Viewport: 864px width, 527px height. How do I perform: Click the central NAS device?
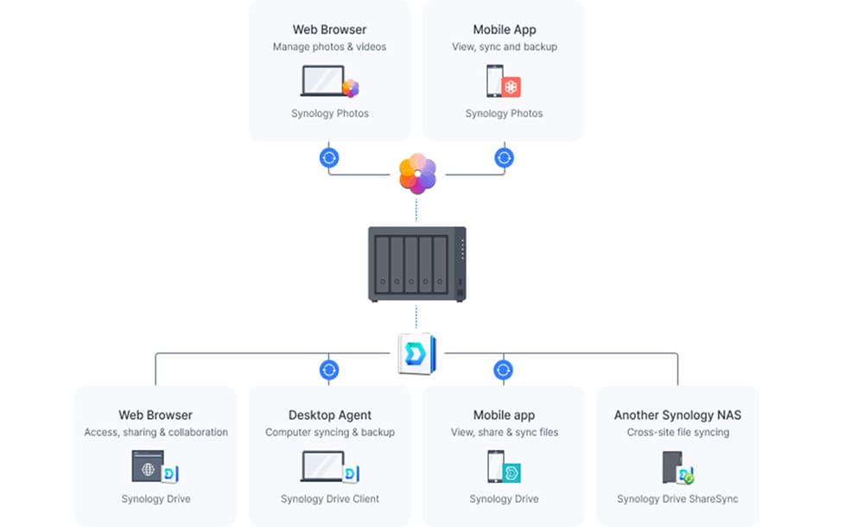(417, 263)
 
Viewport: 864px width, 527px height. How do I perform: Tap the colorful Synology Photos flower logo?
(417, 174)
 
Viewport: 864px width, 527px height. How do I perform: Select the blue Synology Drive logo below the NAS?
(416, 354)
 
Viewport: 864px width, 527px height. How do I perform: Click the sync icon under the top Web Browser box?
(329, 158)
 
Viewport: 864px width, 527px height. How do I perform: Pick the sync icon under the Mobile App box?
(504, 158)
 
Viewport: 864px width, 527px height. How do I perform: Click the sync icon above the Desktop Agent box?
(329, 370)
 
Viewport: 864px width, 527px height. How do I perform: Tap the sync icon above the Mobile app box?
(504, 370)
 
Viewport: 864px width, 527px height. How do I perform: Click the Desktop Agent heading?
(329, 416)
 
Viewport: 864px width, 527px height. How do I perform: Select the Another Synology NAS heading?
(677, 416)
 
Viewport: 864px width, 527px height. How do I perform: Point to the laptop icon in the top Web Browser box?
(323, 82)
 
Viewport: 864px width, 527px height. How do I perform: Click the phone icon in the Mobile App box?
(495, 82)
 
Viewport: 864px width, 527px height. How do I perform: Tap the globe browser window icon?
(147, 467)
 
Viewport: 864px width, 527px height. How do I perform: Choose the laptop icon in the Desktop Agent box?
(322, 467)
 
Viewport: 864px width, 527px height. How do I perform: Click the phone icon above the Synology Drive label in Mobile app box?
(496, 467)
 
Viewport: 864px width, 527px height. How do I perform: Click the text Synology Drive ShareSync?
(677, 498)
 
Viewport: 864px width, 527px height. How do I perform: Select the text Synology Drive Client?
(329, 498)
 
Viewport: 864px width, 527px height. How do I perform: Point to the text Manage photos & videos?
(329, 47)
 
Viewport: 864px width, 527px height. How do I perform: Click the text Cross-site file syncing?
(677, 432)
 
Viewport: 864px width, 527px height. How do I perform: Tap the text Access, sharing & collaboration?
(156, 432)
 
